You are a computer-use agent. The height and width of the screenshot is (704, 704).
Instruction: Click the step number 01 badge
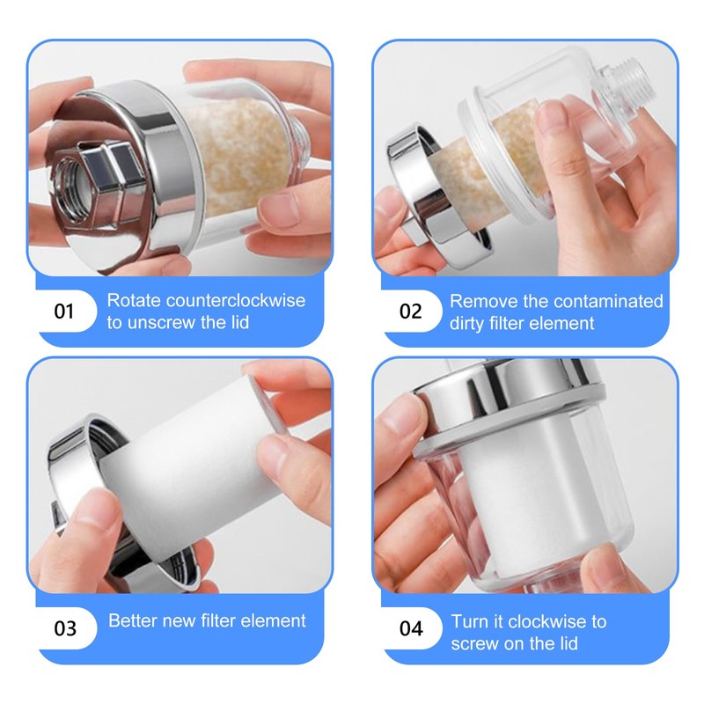(x=64, y=312)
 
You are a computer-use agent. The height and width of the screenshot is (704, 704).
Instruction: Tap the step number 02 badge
(x=411, y=312)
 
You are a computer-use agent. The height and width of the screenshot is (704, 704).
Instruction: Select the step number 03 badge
(x=65, y=628)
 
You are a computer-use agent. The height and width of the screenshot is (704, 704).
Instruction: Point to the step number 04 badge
(x=411, y=628)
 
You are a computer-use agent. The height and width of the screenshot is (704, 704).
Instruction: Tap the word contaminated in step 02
(x=605, y=301)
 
